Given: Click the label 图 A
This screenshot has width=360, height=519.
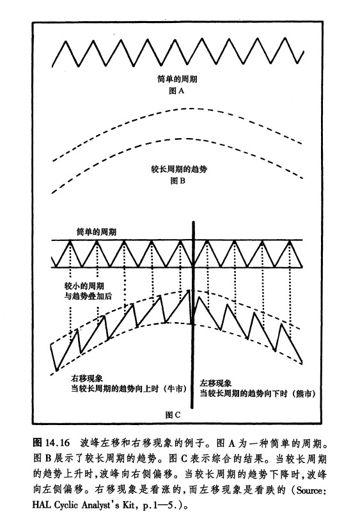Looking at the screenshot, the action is point(176,91).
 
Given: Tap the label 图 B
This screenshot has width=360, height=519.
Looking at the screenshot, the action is point(178,181).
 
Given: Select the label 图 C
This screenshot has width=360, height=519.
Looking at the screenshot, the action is point(173,414).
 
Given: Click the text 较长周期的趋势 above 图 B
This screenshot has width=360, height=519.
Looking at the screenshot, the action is point(179,169).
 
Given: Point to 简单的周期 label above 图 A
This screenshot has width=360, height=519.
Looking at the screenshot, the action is point(177,79).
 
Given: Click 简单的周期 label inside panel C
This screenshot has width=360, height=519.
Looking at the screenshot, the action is point(97,231).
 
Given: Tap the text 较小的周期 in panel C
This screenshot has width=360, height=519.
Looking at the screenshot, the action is point(84,286).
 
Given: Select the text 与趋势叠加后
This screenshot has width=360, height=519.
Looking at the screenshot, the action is point(88,296).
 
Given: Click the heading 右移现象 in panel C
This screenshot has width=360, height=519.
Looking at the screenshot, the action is point(87,378).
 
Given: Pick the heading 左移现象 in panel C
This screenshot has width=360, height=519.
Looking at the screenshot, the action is point(215,383).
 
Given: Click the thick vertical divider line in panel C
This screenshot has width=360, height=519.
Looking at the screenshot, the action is point(192,314).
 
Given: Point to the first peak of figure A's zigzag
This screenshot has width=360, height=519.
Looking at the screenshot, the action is point(67,41).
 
